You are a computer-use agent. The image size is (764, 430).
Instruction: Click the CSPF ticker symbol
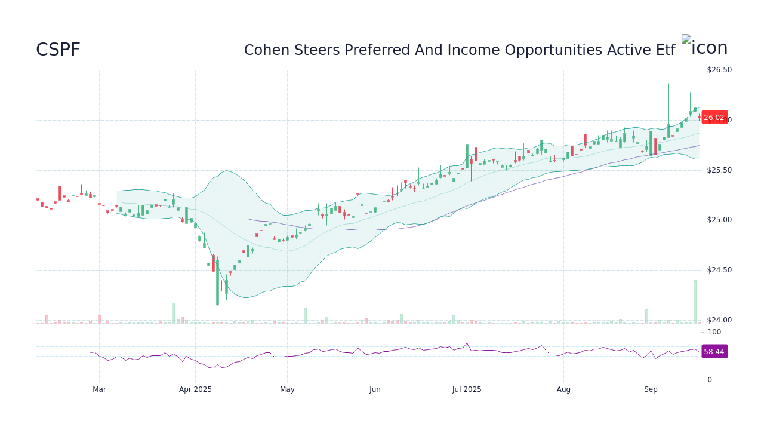coord(58,50)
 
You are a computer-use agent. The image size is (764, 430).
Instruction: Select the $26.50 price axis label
coord(719,70)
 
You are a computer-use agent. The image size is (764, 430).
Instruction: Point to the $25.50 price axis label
coord(719,170)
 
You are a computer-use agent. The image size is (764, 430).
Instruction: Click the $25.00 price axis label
coord(719,220)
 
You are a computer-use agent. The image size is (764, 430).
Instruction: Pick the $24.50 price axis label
coord(719,270)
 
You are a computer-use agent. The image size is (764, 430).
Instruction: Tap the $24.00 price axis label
coord(719,320)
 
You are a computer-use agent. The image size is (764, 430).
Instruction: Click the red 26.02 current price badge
coord(714,118)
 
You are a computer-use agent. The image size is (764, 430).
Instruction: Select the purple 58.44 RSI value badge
coord(714,352)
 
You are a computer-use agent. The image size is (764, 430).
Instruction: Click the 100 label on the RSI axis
coord(714,332)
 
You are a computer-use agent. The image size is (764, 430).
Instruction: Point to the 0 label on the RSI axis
coord(710,380)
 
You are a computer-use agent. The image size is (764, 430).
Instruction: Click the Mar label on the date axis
coord(99,389)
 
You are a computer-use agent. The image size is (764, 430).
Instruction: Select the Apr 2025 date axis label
coord(196,389)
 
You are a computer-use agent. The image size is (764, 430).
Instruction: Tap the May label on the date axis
coord(287,389)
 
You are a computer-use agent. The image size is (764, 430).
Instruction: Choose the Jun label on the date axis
coord(375,389)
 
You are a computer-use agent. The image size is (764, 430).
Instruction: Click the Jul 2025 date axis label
coord(467,389)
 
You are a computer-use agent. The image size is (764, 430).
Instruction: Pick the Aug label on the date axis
coord(563,389)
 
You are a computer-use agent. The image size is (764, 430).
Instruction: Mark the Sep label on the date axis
coord(651,389)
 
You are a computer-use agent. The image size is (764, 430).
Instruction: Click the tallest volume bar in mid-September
coord(695,302)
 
